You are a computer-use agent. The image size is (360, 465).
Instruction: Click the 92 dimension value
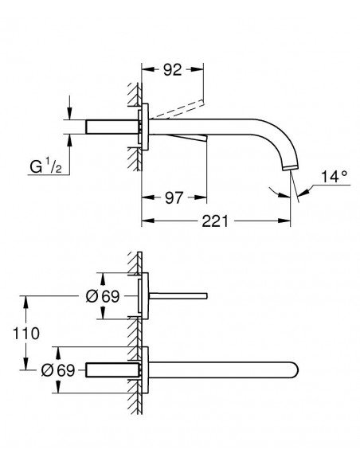tap(172, 70)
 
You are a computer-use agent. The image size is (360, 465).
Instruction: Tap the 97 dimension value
tap(174, 197)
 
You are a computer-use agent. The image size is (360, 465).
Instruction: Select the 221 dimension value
tap(215, 221)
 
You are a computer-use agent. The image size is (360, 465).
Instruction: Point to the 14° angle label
tap(335, 177)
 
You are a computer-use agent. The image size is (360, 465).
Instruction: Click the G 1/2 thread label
tap(46, 166)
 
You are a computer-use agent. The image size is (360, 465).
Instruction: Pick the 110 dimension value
tap(25, 334)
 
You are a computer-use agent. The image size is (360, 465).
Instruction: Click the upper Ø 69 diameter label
tap(103, 296)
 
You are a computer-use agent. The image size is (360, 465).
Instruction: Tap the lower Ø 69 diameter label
tap(58, 370)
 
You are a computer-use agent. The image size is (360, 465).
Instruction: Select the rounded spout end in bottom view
tap(294, 370)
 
